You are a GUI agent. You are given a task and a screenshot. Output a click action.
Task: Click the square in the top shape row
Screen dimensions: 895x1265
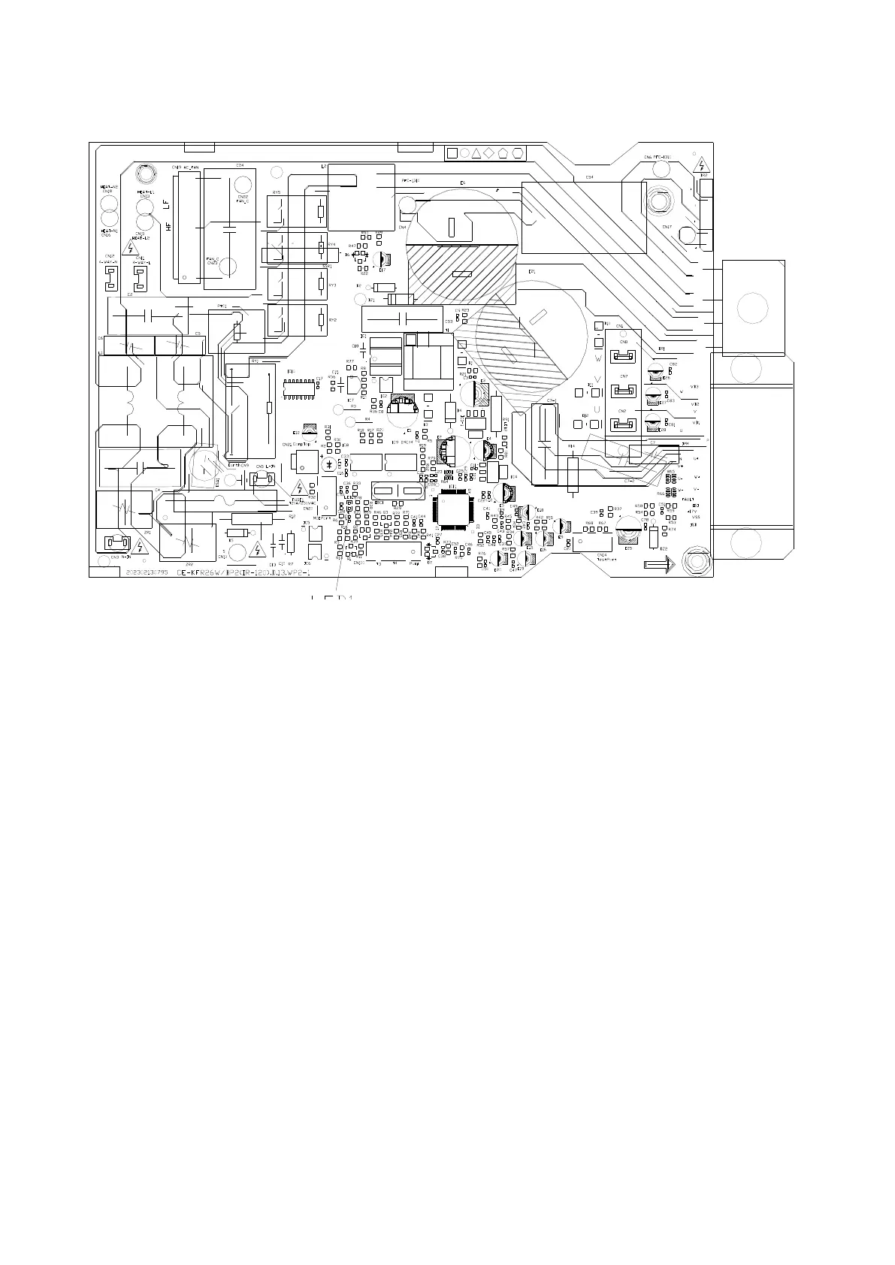[452, 153]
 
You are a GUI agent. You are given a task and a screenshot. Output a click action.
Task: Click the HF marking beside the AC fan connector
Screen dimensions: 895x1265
[168, 225]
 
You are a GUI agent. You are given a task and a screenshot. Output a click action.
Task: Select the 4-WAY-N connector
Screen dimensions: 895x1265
[110, 279]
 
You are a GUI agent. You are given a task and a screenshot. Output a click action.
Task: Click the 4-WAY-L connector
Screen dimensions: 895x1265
[141, 279]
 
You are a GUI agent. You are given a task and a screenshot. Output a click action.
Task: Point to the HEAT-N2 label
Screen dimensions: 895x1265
[110, 187]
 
